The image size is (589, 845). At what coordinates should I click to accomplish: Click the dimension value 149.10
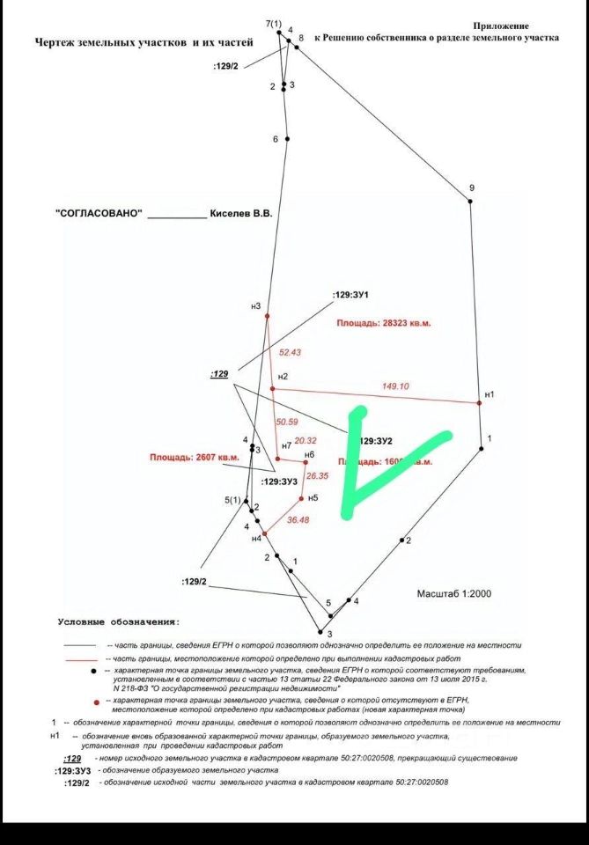(x=394, y=386)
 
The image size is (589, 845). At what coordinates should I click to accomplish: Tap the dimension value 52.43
(x=290, y=352)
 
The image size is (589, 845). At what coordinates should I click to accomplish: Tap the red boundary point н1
(x=480, y=402)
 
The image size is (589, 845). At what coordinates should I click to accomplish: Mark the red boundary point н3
(x=267, y=315)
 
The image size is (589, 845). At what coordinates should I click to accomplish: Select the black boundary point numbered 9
(x=470, y=202)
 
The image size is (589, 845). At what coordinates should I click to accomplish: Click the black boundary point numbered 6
(x=287, y=139)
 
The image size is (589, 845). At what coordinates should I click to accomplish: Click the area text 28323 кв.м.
(x=383, y=323)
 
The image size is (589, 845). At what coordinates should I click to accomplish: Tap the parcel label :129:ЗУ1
(x=350, y=294)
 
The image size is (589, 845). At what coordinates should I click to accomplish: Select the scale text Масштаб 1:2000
(x=453, y=594)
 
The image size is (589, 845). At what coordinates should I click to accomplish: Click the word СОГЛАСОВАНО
(x=99, y=214)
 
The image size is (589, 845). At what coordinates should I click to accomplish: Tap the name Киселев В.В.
(x=241, y=214)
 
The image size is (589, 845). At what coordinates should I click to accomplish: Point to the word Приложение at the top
(x=501, y=26)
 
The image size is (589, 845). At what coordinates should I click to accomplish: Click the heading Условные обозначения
(x=118, y=622)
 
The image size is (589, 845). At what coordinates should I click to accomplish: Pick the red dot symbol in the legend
(x=94, y=702)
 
